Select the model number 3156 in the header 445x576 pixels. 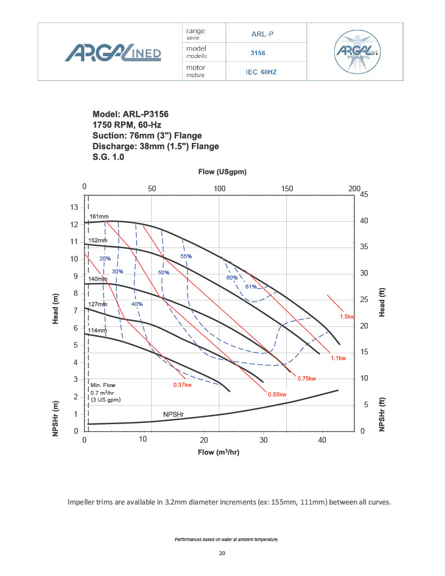(258, 53)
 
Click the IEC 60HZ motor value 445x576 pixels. (262, 72)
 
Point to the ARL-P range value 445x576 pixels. (262, 34)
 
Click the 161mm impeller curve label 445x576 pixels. (99, 217)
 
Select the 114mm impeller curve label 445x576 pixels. (98, 330)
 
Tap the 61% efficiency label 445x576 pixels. (250, 286)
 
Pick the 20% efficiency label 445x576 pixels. (105, 259)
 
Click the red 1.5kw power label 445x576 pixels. (347, 317)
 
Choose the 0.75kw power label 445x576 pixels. (307, 378)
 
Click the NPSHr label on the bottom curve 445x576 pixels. (174, 415)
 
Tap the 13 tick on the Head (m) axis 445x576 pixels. (74, 207)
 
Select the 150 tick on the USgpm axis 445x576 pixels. (287, 188)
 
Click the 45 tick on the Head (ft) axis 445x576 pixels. (363, 195)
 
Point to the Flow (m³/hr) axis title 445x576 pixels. (219, 452)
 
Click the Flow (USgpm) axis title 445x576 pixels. (222, 171)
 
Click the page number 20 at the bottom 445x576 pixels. (222, 553)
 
